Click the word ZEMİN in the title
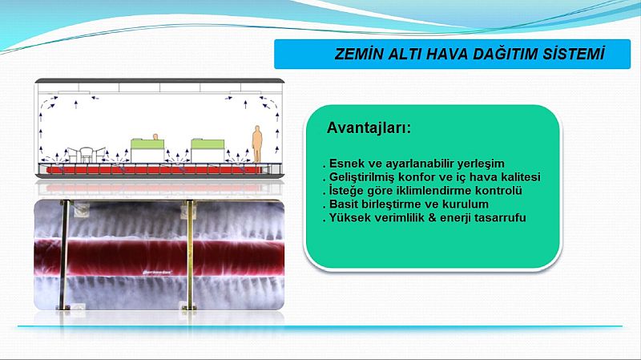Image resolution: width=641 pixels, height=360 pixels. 357,54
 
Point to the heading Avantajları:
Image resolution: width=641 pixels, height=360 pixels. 369,128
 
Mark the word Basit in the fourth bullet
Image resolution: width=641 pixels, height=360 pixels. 344,204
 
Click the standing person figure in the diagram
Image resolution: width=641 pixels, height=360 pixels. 256,144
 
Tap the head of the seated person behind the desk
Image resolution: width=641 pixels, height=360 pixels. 155,136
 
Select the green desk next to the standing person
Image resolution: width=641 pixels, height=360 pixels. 208,150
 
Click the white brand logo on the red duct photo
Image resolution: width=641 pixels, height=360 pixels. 157,271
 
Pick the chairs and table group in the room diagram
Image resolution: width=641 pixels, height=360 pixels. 86,155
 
